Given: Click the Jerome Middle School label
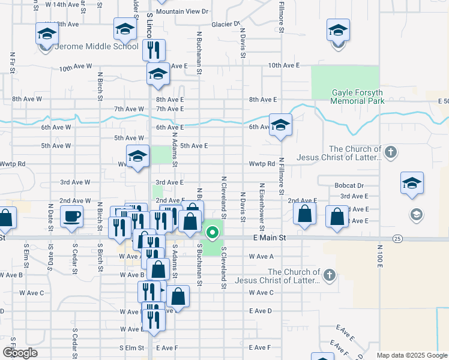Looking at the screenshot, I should point(97,46).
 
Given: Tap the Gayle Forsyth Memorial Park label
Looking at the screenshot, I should point(357,97).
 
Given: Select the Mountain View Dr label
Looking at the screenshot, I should point(181,11).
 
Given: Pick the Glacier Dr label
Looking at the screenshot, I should point(226,25).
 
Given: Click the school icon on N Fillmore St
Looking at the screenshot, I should point(280,126).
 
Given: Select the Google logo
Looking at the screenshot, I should point(20,353).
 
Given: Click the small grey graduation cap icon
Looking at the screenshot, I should point(415,214).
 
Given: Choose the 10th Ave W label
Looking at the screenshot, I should point(75,68).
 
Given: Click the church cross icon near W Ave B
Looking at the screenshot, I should point(328,275).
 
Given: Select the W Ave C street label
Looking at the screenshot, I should point(31,293).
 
